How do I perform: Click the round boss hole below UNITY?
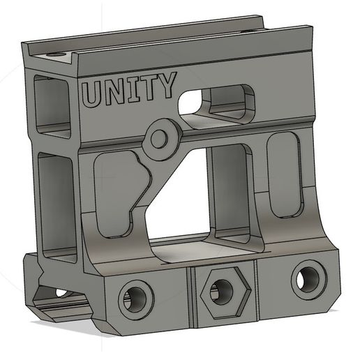(159, 139)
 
